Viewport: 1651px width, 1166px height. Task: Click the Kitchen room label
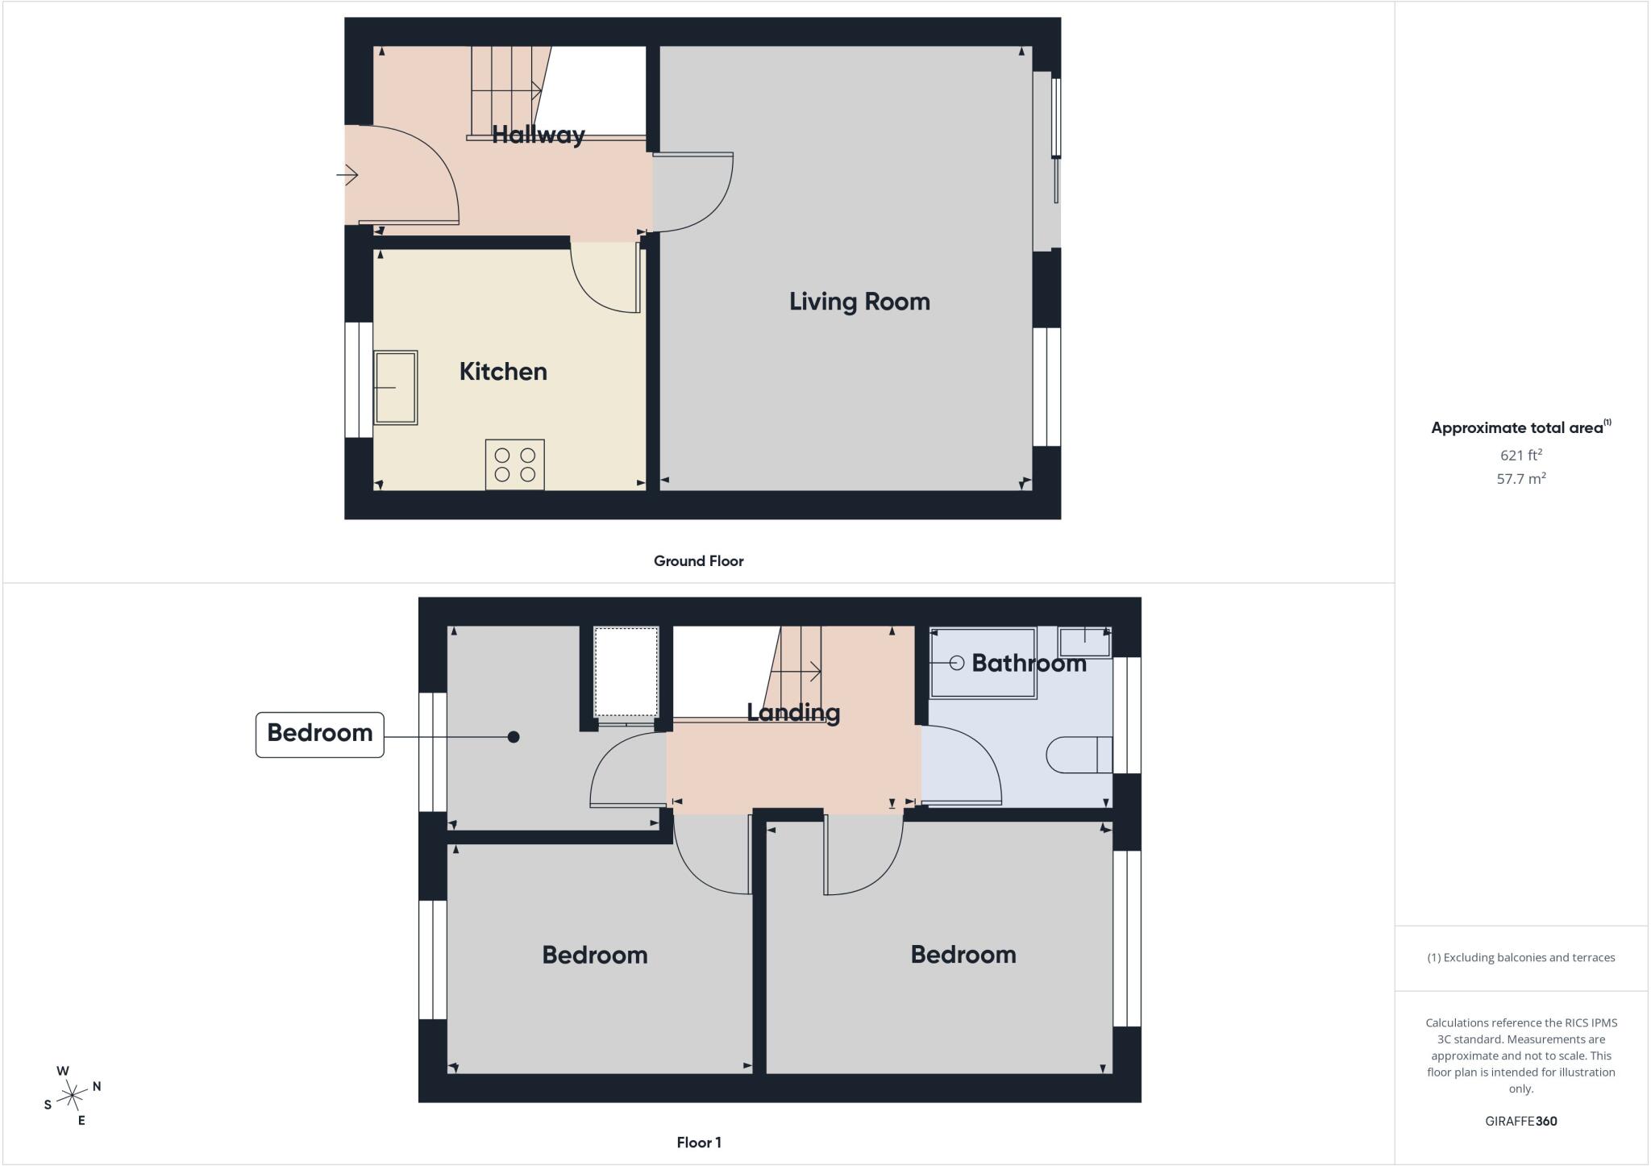(x=503, y=371)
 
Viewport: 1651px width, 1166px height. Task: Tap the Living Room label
(x=859, y=302)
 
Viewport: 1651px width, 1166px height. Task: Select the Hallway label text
(x=538, y=134)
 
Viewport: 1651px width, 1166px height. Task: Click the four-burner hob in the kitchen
(x=514, y=464)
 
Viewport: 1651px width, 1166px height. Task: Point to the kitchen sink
(x=395, y=387)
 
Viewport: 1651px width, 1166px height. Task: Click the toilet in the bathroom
(x=1079, y=756)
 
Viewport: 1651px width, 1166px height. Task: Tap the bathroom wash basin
(x=1085, y=642)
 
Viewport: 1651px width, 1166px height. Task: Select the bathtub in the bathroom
(x=984, y=663)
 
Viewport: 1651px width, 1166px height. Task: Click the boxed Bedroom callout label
(x=320, y=734)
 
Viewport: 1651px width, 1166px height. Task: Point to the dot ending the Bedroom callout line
(x=514, y=737)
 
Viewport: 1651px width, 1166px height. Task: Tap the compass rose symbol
(x=73, y=1095)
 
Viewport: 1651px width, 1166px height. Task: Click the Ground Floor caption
(x=698, y=561)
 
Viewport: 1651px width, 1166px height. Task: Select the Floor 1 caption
(x=699, y=1143)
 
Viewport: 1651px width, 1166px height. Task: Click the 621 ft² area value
(x=1521, y=455)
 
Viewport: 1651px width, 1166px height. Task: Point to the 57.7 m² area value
(x=1521, y=478)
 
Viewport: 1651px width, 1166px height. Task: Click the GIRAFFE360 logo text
(x=1521, y=1121)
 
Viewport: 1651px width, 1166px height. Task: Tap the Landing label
(x=793, y=712)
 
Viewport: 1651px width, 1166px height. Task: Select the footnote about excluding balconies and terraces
(x=1521, y=958)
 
